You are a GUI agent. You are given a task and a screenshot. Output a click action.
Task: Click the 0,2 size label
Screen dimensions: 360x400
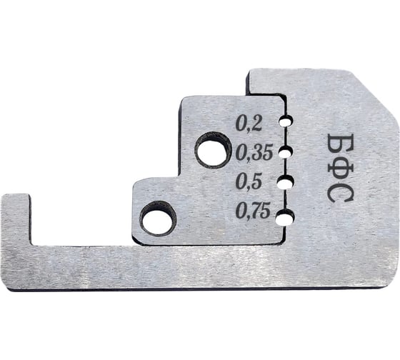(249, 124)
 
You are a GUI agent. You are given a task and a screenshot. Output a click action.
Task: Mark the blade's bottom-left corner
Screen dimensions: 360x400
(9, 283)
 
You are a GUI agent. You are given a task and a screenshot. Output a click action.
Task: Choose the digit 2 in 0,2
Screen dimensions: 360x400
(256, 124)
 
